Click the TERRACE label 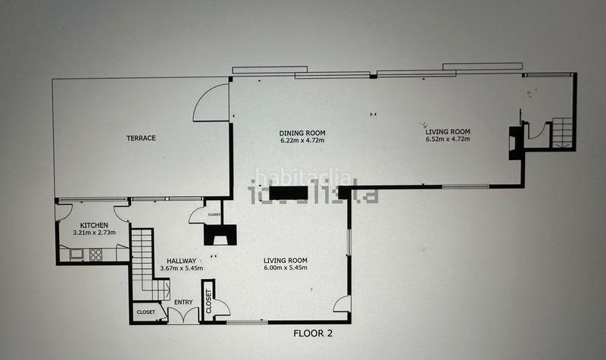(141, 138)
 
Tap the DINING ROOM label (301, 131)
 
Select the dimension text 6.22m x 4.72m (301, 140)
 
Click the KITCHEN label (95, 226)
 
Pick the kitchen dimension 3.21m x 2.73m (95, 234)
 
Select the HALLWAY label (182, 261)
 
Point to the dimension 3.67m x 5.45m (182, 269)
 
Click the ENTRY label (183, 302)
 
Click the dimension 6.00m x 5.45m (285, 268)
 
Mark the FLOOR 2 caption (313, 332)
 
